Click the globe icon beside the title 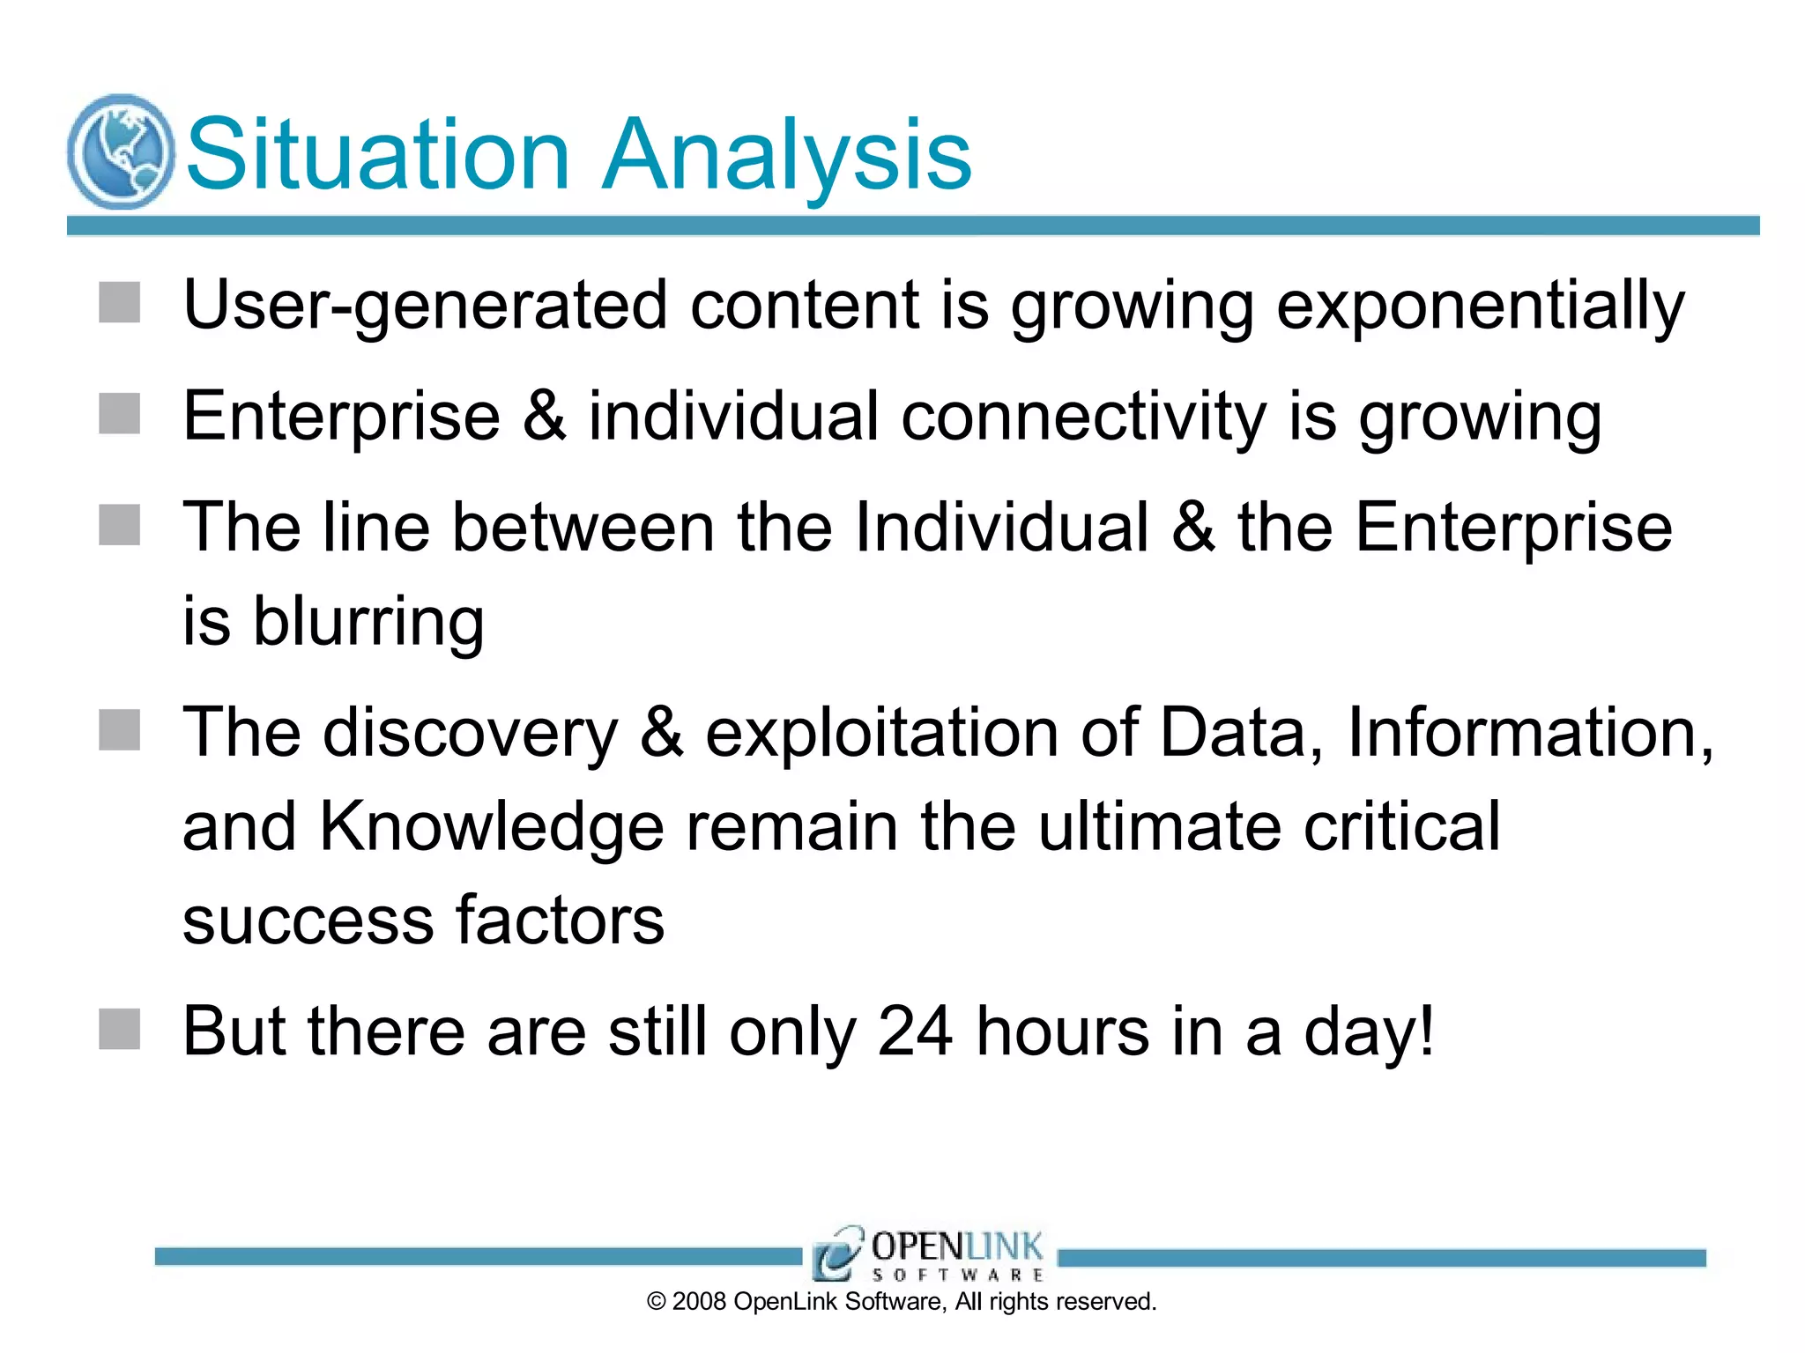point(121,152)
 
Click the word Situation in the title point(378,155)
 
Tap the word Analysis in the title point(786,155)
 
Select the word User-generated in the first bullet point(425,306)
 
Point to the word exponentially point(1480,306)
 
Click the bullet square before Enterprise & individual point(119,414)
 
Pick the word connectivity point(1083,416)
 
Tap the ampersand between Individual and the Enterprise point(1193,527)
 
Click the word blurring point(368,622)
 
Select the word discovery point(471,733)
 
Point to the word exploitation point(881,733)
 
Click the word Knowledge point(491,827)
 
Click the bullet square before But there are point(119,1030)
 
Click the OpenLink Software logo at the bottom point(929,1253)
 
